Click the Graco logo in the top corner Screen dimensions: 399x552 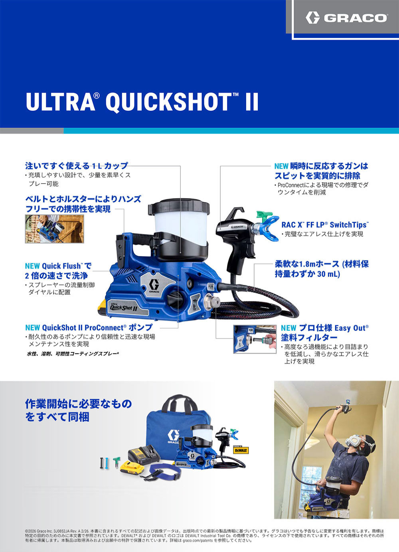point(346,18)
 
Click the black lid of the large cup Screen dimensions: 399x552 point(179,209)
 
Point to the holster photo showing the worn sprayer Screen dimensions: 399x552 point(55,229)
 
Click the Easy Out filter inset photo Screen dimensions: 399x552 point(255,339)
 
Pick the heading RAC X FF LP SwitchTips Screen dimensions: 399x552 point(325,225)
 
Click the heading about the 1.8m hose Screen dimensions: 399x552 point(322,269)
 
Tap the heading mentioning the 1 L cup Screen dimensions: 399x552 point(77,166)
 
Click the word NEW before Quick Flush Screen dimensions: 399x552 point(32,266)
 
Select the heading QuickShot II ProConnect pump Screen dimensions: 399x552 point(89,327)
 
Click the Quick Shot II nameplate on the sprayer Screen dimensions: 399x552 point(123,307)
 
